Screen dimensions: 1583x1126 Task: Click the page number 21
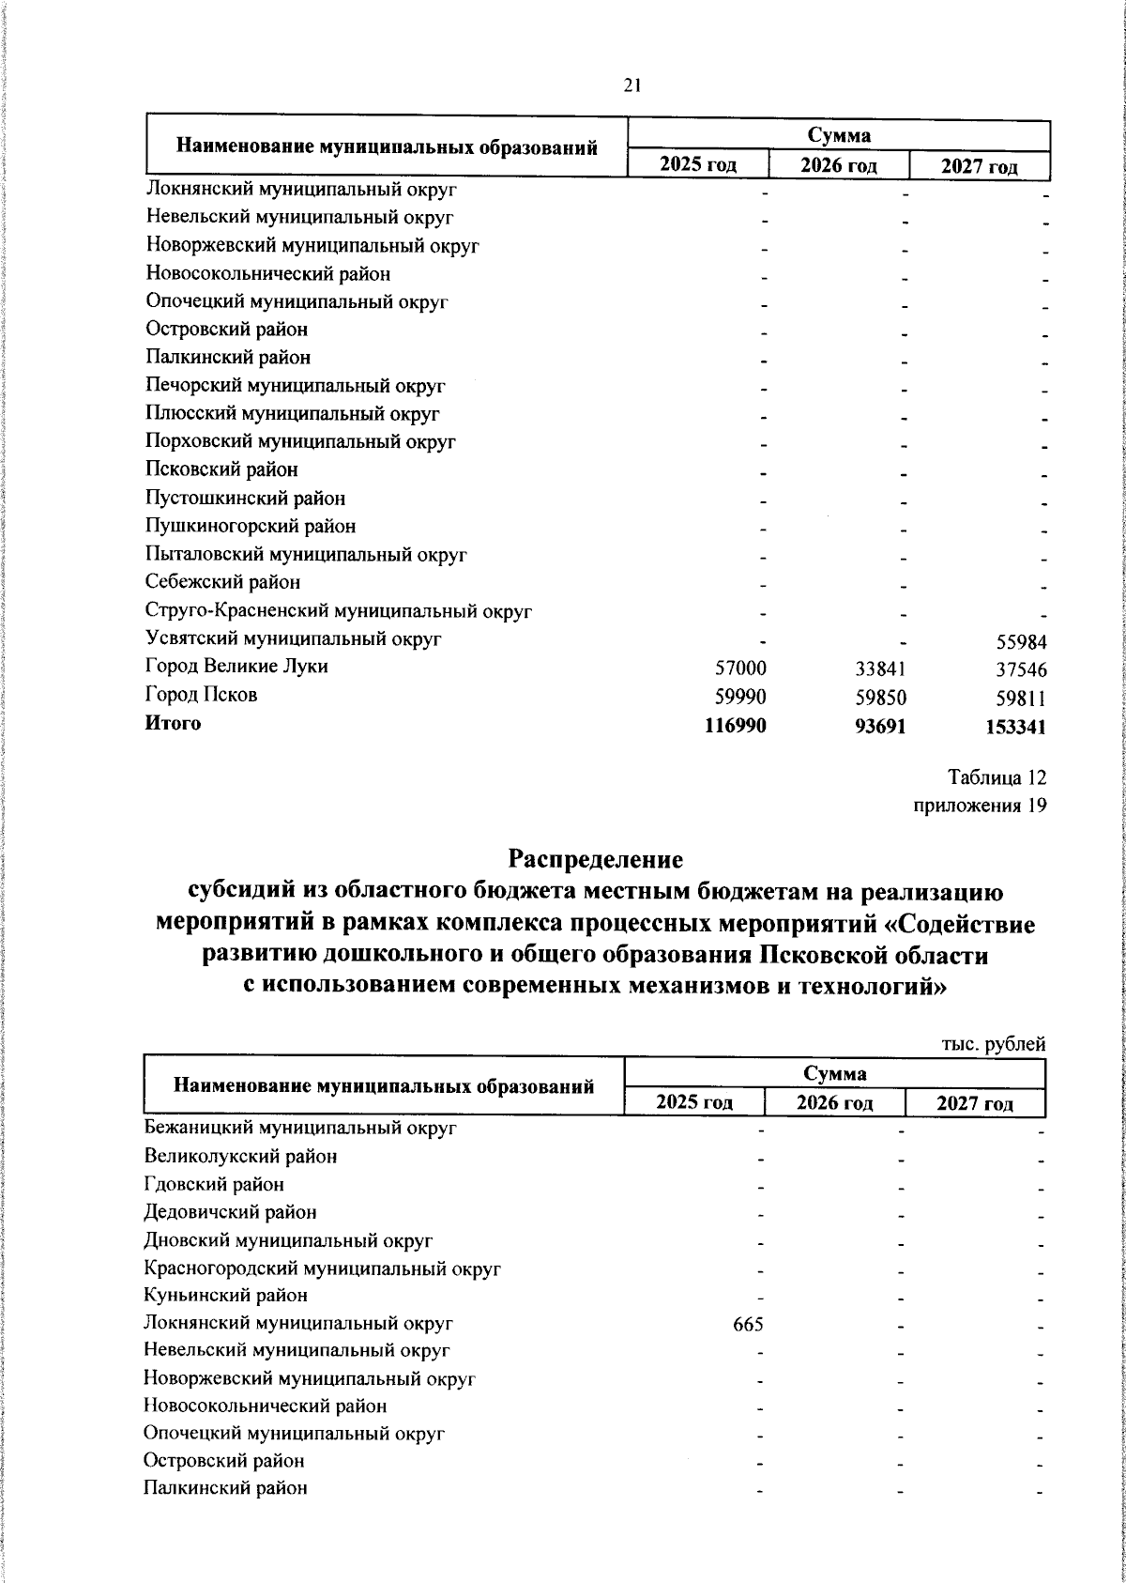pyautogui.click(x=631, y=85)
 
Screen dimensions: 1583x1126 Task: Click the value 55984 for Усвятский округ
pyautogui.click(x=1020, y=642)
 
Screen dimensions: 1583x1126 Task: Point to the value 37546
pyautogui.click(x=1020, y=670)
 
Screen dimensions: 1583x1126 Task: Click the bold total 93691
pyautogui.click(x=880, y=726)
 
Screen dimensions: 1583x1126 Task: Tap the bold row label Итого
pyautogui.click(x=173, y=723)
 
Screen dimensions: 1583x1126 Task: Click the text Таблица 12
pyautogui.click(x=997, y=777)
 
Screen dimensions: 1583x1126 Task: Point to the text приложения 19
pyautogui.click(x=980, y=806)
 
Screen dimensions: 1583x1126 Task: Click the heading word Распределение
pyautogui.click(x=596, y=859)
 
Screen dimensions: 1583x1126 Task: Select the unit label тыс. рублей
pyautogui.click(x=993, y=1044)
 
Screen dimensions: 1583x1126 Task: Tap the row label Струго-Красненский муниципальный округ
pyautogui.click(x=340, y=611)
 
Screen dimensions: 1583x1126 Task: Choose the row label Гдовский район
pyautogui.click(x=214, y=1185)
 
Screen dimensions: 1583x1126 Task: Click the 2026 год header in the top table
pyautogui.click(x=838, y=166)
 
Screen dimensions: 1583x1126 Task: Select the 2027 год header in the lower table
pyautogui.click(x=975, y=1103)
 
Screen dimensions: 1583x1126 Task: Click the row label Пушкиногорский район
pyautogui.click(x=251, y=527)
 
